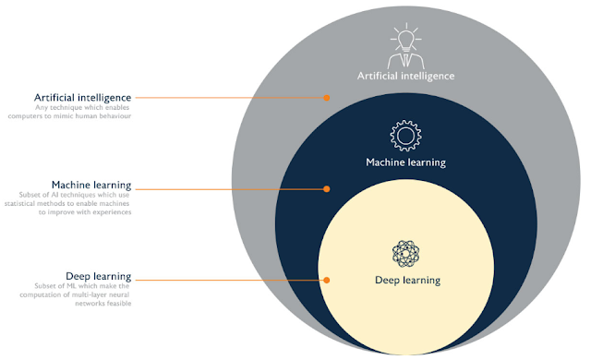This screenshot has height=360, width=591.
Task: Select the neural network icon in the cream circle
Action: point(406,253)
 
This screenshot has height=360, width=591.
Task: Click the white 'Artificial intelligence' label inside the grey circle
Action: point(405,77)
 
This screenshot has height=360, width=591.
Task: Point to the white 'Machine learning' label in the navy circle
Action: point(405,162)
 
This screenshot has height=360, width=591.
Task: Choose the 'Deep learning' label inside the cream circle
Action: point(406,280)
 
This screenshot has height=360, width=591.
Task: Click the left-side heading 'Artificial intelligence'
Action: point(82,97)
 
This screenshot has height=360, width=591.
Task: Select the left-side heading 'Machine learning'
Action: point(91,185)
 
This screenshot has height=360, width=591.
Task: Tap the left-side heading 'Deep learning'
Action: point(98,276)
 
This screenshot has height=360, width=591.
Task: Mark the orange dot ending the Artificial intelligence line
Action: point(326,97)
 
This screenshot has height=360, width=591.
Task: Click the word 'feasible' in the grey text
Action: point(116,304)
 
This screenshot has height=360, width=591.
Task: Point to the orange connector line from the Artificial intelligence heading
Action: point(231,97)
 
